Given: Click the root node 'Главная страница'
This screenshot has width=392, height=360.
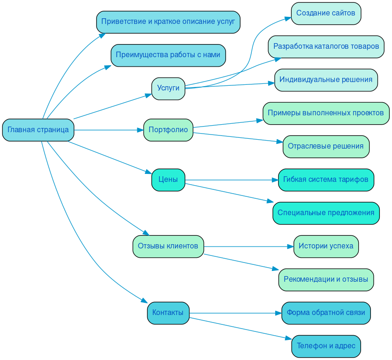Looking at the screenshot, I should point(38,130).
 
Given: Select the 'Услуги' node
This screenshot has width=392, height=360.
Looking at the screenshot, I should point(168,89).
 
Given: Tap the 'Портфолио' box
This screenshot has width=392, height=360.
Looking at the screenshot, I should point(168,130).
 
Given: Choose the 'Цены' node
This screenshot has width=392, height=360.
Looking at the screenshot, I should point(168,180).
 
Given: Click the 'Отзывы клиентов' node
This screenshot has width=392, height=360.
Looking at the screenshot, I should point(168,246).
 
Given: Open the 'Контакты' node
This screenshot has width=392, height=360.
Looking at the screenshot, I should point(168,313).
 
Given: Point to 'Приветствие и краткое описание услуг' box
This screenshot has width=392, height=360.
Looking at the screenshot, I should point(168,22).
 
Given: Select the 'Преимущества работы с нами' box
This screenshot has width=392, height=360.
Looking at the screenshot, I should point(168,55).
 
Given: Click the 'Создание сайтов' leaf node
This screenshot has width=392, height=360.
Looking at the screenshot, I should point(326,14).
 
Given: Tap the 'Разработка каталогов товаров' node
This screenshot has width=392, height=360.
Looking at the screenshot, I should point(326,47).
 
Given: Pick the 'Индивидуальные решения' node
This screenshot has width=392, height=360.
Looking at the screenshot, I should point(326,80).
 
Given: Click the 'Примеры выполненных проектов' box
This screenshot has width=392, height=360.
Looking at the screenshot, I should point(326,113).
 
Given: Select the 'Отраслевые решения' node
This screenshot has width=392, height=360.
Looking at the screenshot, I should point(326,147).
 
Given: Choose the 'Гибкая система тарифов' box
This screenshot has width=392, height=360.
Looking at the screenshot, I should point(326,180).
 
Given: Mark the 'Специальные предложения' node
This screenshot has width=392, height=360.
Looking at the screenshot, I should point(326,213).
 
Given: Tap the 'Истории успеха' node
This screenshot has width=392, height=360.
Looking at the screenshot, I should point(326,247).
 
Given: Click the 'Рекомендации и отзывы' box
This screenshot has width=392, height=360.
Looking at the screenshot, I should point(326,280).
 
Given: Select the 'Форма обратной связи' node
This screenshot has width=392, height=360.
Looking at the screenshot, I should point(326,313).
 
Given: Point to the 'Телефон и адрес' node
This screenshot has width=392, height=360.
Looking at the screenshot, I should point(326,346).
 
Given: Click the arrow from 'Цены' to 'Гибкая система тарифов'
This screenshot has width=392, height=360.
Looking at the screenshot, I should point(230,180).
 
